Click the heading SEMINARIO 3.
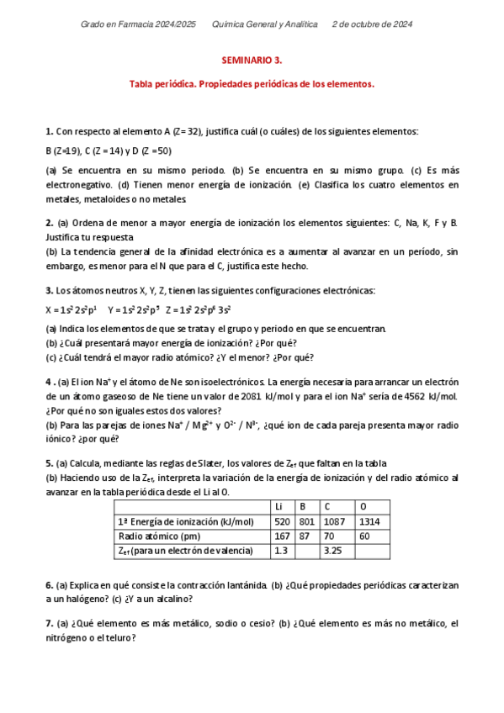(x=252, y=61)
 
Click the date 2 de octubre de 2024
(x=373, y=24)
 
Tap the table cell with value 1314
(x=370, y=521)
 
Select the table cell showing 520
(x=283, y=521)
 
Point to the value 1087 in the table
(x=336, y=521)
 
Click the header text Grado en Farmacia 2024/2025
(x=138, y=24)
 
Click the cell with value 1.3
(x=281, y=550)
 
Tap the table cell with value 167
(x=282, y=536)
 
